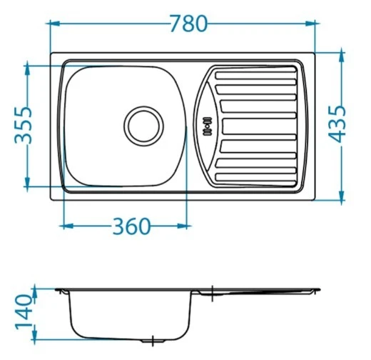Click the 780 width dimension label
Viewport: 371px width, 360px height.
pyautogui.click(x=189, y=24)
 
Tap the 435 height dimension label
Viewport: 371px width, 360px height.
pyautogui.click(x=337, y=124)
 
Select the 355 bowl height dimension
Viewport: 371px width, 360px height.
pyautogui.click(x=24, y=126)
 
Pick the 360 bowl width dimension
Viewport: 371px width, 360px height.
pyautogui.click(x=131, y=226)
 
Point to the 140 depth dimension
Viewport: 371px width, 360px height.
pyautogui.click(x=24, y=312)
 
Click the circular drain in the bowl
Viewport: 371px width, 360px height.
pyautogui.click(x=143, y=126)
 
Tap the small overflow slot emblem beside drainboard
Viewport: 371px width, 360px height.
pyautogui.click(x=208, y=126)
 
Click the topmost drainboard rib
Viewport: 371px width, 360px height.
pyautogui.click(x=255, y=75)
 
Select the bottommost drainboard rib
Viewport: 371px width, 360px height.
pyautogui.click(x=255, y=177)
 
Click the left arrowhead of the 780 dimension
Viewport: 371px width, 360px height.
pyautogui.click(x=54, y=24)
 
